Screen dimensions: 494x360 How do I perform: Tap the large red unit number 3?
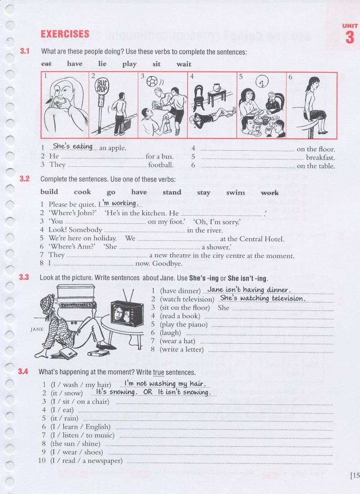[350, 38]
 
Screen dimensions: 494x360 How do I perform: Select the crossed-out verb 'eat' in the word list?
[47, 64]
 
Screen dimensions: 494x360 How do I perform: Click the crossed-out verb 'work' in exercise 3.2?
[269, 192]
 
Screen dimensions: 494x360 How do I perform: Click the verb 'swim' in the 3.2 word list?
[236, 192]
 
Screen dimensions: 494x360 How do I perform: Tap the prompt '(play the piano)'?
[184, 324]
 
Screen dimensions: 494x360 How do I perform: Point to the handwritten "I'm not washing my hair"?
[165, 383]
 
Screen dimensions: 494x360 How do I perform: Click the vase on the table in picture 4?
[218, 83]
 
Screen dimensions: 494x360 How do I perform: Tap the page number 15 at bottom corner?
[354, 475]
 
